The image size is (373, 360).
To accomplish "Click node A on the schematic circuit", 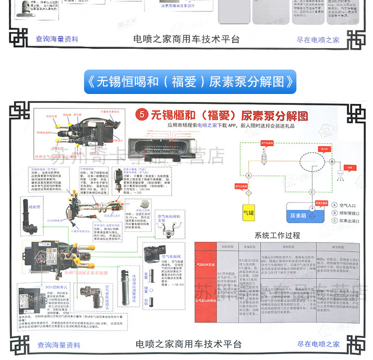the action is (x=249, y=175).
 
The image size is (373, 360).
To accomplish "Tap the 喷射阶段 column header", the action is (x=289, y=246).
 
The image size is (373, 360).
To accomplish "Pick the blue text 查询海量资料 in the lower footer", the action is (x=59, y=345).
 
